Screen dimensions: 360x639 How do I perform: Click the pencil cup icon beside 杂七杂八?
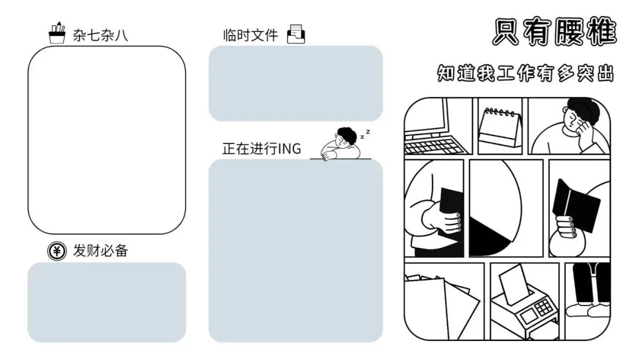pyautogui.click(x=57, y=34)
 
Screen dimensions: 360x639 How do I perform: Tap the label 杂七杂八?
pyautogui.click(x=100, y=36)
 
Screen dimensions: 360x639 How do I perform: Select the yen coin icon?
pyautogui.click(x=56, y=251)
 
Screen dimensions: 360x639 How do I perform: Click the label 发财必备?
pyautogui.click(x=100, y=251)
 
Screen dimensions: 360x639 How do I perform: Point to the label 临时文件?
pyautogui.click(x=250, y=35)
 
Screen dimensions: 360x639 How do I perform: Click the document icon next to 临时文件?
pyautogui.click(x=296, y=34)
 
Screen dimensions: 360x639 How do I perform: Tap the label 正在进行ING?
pyautogui.click(x=261, y=149)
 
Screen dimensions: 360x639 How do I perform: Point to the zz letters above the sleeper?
pyautogui.click(x=367, y=133)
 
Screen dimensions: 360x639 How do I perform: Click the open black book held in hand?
pyautogui.click(x=574, y=205)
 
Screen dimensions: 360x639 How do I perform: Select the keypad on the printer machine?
pyautogui.click(x=543, y=308)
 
